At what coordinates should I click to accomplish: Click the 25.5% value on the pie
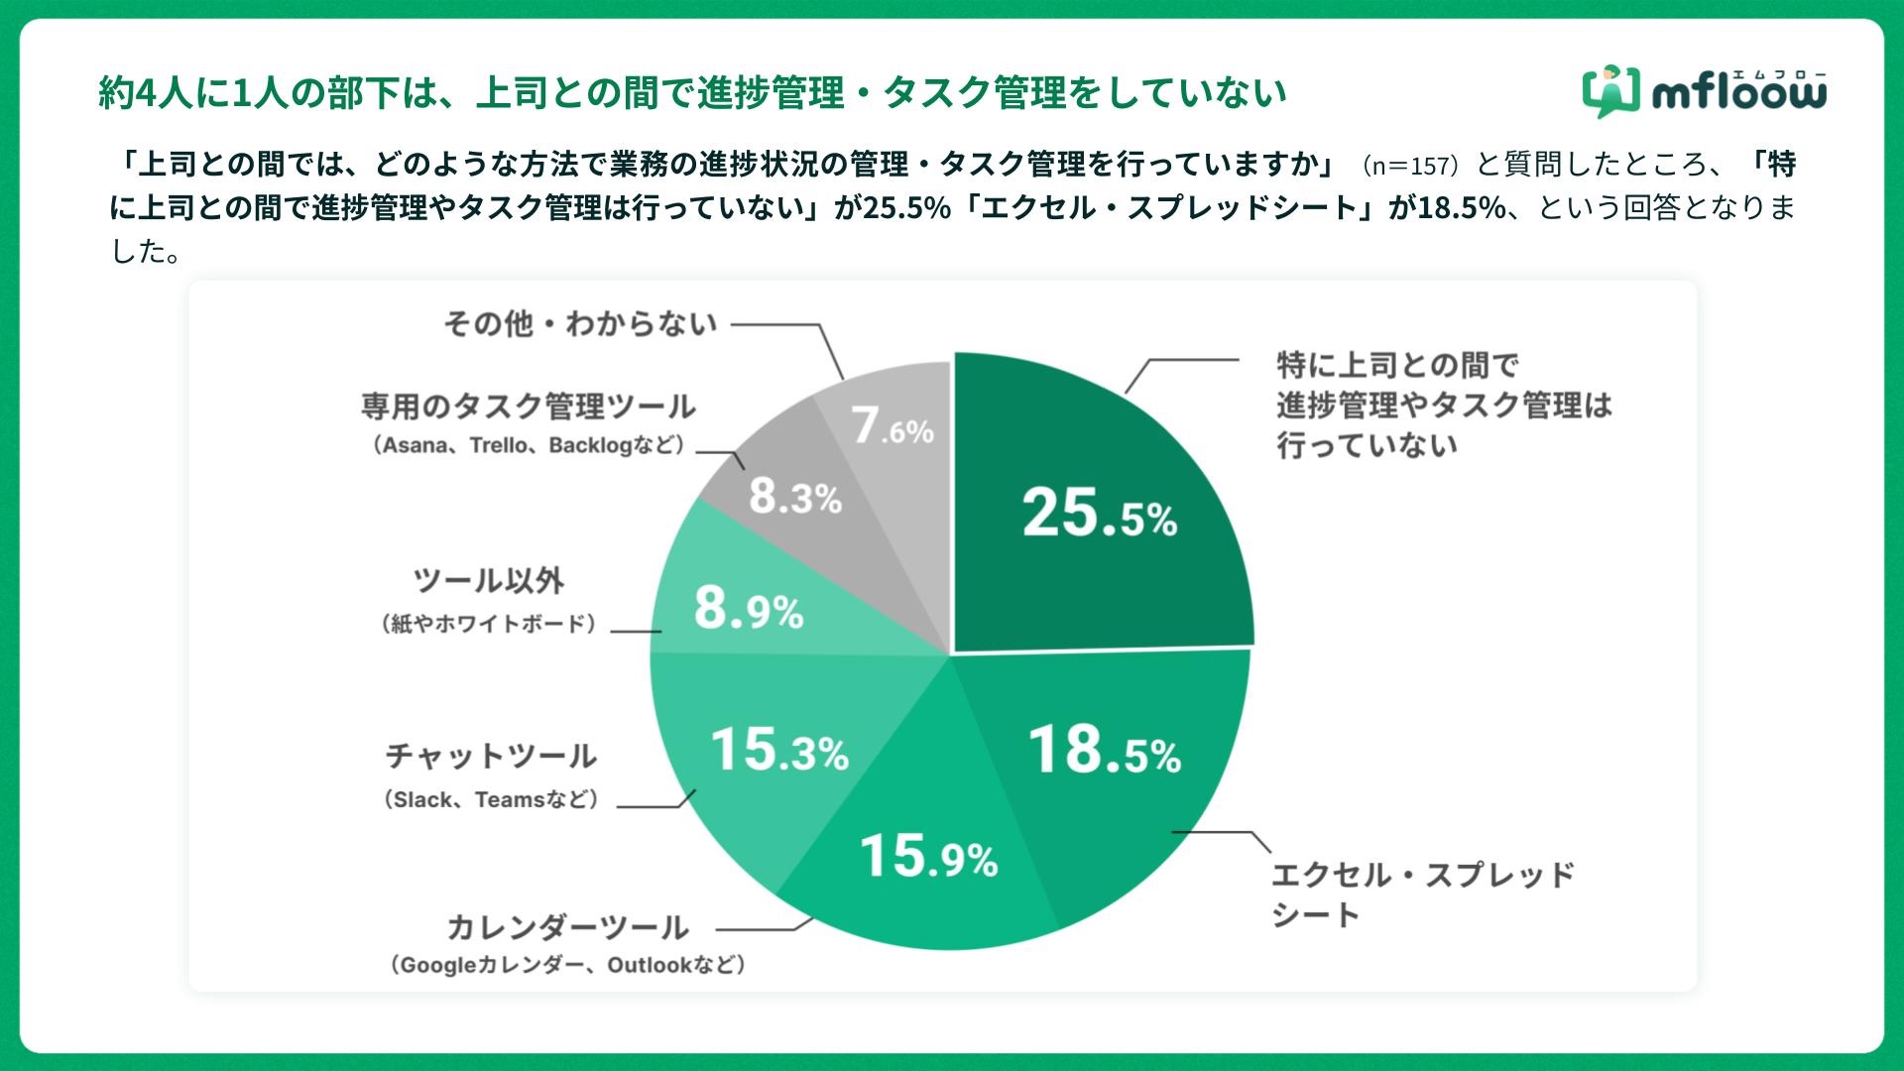1100,515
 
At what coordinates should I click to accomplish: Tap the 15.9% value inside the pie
928,857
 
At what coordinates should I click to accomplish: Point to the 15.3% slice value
779,751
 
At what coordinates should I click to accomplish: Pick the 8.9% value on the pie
749,609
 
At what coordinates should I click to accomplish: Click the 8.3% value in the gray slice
795,496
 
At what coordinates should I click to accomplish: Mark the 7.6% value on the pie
892,427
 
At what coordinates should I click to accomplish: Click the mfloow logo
1704,92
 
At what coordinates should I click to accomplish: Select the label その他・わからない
580,324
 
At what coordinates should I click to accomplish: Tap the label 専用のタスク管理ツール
528,407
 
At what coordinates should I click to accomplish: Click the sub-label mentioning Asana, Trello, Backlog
529,445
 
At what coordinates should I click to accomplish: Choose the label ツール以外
489,581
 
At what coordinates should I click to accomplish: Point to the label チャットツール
491,757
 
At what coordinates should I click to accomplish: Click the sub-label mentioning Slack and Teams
492,799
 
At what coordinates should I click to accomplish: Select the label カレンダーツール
567,927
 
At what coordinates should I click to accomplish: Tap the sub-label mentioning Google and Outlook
567,965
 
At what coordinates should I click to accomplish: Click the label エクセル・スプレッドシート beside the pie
1422,894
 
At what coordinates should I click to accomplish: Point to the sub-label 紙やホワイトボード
489,624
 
